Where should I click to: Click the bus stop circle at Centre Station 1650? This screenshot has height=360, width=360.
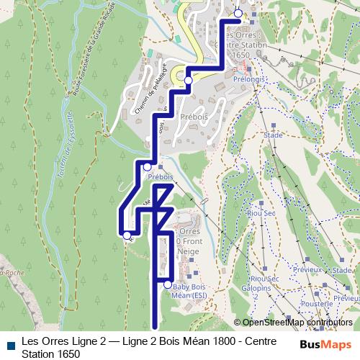coord(239,12)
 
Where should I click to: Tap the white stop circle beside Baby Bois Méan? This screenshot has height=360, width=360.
coord(168,284)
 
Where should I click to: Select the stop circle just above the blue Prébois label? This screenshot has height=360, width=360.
coord(148,166)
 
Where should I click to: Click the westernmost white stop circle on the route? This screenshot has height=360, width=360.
coord(127,235)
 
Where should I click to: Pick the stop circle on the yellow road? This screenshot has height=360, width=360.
coord(188,80)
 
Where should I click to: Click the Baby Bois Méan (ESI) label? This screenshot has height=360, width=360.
coord(196,290)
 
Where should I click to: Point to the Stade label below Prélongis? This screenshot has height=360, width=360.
coord(273,135)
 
